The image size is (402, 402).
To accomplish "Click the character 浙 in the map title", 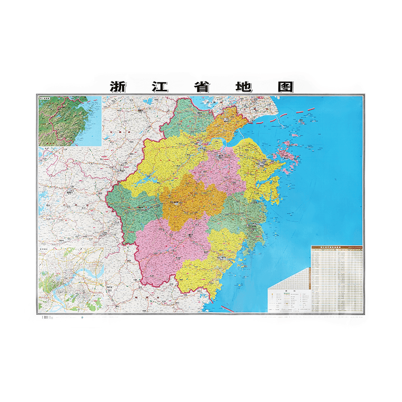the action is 119,86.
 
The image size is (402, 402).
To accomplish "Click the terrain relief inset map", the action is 69,121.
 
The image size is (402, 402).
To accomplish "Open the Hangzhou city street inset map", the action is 70,279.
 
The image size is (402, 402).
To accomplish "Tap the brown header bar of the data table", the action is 336,247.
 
